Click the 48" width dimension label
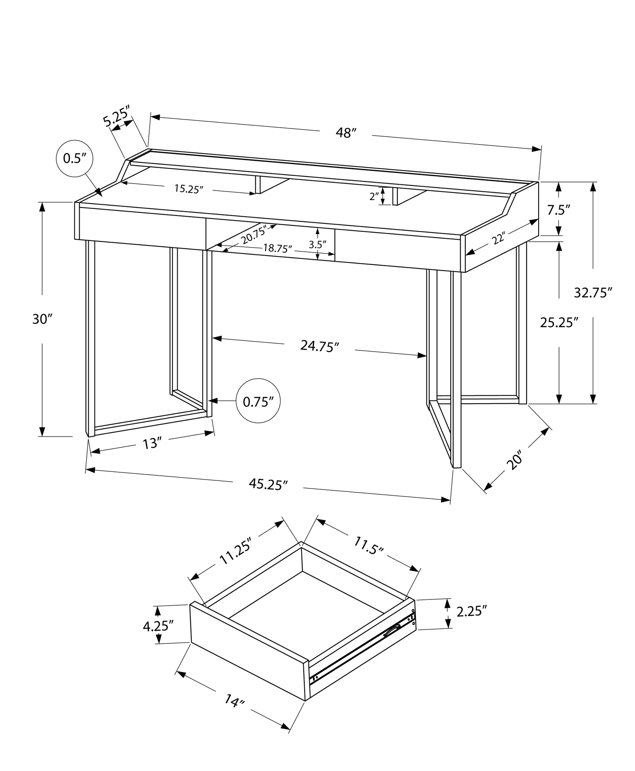click(345, 133)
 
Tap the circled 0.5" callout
click(74, 158)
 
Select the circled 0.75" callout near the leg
click(258, 402)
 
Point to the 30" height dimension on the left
click(42, 319)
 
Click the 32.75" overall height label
click(593, 293)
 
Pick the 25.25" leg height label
click(559, 322)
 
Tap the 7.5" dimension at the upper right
click(558, 210)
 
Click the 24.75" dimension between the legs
click(320, 346)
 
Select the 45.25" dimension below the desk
click(268, 485)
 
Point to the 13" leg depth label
click(151, 444)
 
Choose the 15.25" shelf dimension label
click(189, 189)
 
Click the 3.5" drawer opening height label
click(318, 244)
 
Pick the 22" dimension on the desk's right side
click(498, 239)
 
